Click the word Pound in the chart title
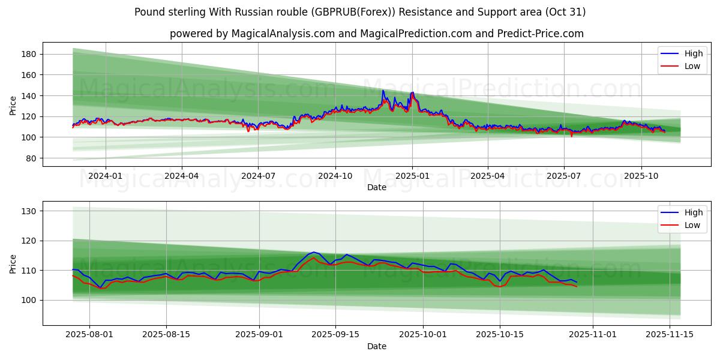point(149,12)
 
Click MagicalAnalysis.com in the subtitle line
point(283,34)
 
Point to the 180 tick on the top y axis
point(29,54)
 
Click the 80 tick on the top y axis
point(31,158)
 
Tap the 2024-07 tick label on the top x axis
point(258,176)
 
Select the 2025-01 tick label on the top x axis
point(412,176)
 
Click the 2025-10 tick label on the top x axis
point(641,176)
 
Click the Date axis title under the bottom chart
point(377,346)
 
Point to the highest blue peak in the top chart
point(383,91)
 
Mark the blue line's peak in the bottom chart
point(314,252)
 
